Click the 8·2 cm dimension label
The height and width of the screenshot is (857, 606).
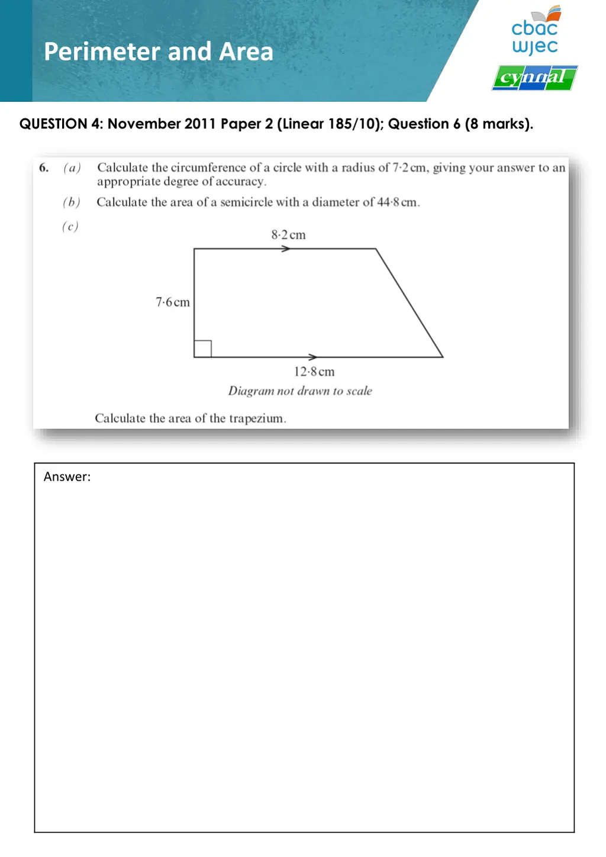[x=288, y=235]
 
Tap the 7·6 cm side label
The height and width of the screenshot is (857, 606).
[x=173, y=302]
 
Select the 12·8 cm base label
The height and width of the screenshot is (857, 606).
[x=314, y=372]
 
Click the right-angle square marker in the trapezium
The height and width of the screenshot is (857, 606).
[x=203, y=349]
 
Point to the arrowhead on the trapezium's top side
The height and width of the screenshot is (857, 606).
[x=286, y=249]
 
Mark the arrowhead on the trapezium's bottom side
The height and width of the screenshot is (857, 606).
[x=313, y=357]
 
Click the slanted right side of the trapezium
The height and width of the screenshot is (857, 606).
[x=410, y=303]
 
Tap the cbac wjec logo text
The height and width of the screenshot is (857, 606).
[x=535, y=36]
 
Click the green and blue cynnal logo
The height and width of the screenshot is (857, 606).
[x=534, y=78]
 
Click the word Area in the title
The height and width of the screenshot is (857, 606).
[x=246, y=52]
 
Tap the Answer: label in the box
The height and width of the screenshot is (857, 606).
[x=67, y=477]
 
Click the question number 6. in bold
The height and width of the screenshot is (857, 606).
[x=44, y=168]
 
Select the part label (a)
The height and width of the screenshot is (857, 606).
[x=72, y=168]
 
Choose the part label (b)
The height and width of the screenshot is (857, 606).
[x=72, y=202]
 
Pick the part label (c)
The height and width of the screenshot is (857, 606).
[x=70, y=226]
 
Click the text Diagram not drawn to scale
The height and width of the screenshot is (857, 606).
[x=300, y=391]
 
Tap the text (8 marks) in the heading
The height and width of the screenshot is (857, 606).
[x=498, y=124]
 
